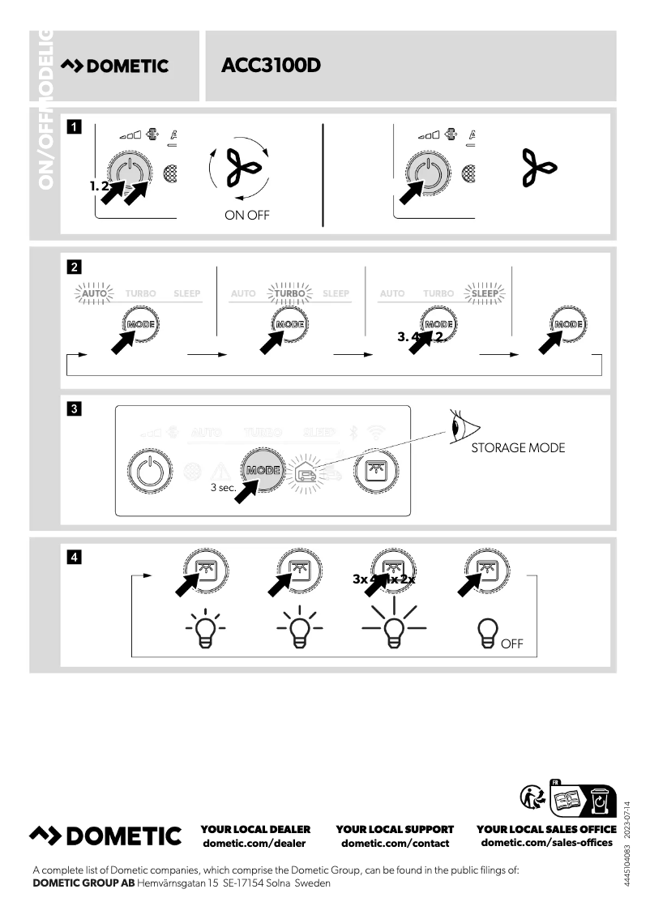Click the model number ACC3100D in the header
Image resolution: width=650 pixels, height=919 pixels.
click(271, 66)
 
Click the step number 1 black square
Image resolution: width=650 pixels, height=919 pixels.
click(74, 126)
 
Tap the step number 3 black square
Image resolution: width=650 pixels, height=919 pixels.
click(74, 409)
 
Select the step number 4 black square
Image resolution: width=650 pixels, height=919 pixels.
click(74, 557)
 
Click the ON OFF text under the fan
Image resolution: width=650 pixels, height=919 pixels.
click(247, 215)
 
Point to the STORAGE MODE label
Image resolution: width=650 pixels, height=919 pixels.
click(518, 447)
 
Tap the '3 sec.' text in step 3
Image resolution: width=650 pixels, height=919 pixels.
click(223, 488)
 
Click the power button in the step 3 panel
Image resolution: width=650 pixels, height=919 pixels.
click(151, 471)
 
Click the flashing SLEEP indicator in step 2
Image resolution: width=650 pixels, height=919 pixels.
click(485, 293)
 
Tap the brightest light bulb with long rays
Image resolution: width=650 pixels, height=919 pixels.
click(394, 627)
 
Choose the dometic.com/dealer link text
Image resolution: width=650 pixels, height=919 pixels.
click(254, 843)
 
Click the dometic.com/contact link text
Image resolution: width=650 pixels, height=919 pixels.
click(395, 843)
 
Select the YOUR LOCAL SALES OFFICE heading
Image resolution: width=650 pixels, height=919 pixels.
click(546, 829)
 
